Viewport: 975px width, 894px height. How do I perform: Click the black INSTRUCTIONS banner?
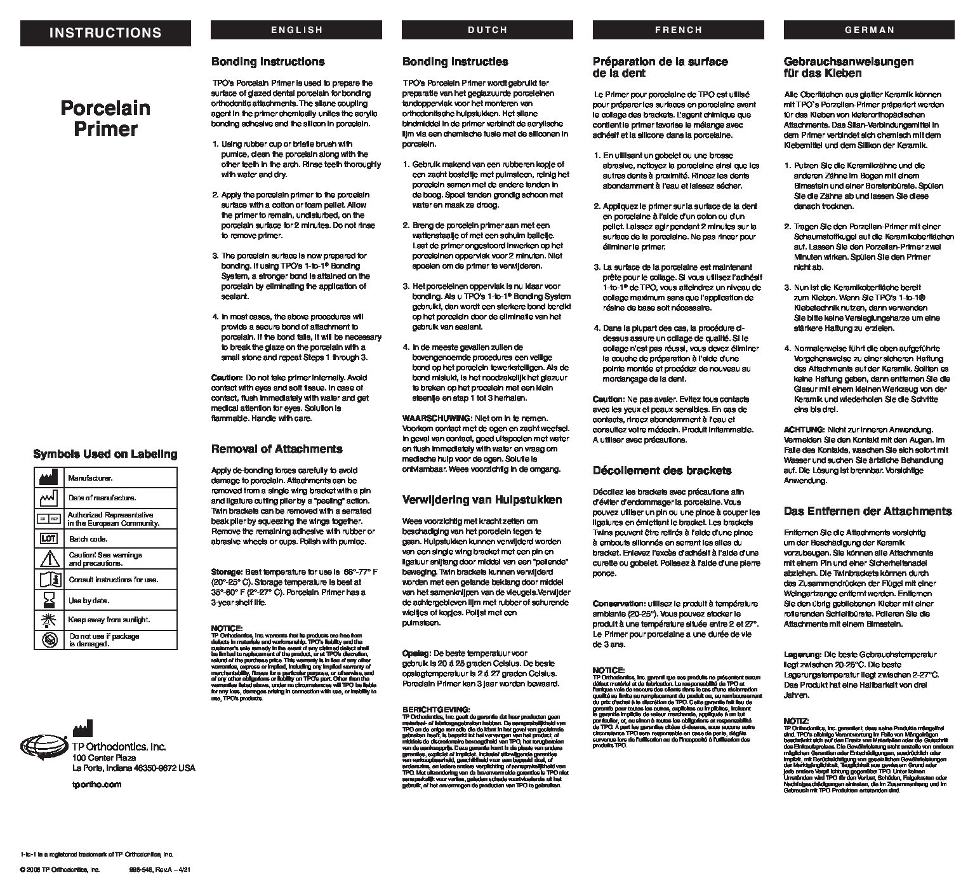105,33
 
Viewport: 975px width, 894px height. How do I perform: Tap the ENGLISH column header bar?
296,30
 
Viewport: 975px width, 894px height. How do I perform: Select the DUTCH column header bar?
487,30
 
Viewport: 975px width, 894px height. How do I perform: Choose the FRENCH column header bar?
679,30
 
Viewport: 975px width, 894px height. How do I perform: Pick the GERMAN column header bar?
870,30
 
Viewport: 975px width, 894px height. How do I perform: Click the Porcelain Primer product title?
105,118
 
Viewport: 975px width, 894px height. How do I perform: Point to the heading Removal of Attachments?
276,449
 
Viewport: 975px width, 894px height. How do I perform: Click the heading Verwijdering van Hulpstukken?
482,500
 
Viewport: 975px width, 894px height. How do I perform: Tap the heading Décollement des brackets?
662,470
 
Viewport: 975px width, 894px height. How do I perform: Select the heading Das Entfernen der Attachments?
868,511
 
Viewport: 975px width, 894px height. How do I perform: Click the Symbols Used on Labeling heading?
105,454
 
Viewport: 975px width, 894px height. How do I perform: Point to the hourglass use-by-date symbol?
49,600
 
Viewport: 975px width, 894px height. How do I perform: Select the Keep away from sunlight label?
109,620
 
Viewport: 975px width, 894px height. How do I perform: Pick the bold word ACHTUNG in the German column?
804,430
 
